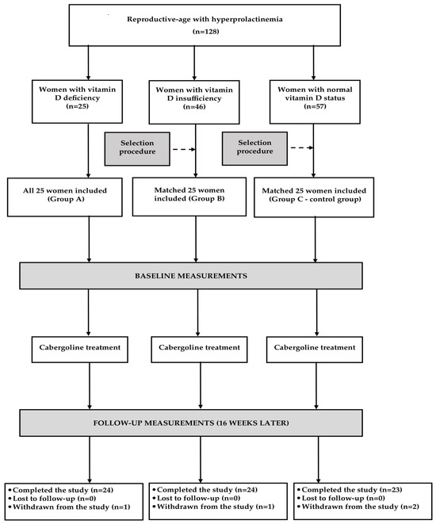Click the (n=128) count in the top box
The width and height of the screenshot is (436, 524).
tap(205, 32)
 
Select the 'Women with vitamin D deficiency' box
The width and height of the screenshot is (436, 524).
tap(77, 101)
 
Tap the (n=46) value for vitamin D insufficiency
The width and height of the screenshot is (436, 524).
tap(194, 107)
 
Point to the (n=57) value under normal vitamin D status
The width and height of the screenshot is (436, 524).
tap(315, 106)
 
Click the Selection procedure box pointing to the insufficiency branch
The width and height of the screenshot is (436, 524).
tap(137, 149)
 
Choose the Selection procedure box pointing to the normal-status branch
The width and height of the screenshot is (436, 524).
tap(254, 148)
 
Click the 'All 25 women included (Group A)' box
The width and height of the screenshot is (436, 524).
tap(65, 197)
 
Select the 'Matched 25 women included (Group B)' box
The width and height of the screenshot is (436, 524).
tap(189, 197)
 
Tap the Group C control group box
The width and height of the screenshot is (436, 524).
tap(314, 197)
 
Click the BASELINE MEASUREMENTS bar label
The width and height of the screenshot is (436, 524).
tap(191, 276)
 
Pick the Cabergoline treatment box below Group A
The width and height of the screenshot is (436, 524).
tap(80, 350)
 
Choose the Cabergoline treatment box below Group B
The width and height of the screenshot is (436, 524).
tap(199, 350)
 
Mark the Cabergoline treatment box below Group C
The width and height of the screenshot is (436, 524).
tap(315, 350)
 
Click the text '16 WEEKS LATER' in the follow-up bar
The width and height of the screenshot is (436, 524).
tap(253, 423)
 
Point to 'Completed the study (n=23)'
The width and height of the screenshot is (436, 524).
tap(352, 490)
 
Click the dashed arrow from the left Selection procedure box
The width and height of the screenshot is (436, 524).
tap(184, 149)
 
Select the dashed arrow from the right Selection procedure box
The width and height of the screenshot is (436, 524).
tap(302, 147)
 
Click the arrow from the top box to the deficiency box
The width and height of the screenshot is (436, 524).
tap(88, 63)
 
